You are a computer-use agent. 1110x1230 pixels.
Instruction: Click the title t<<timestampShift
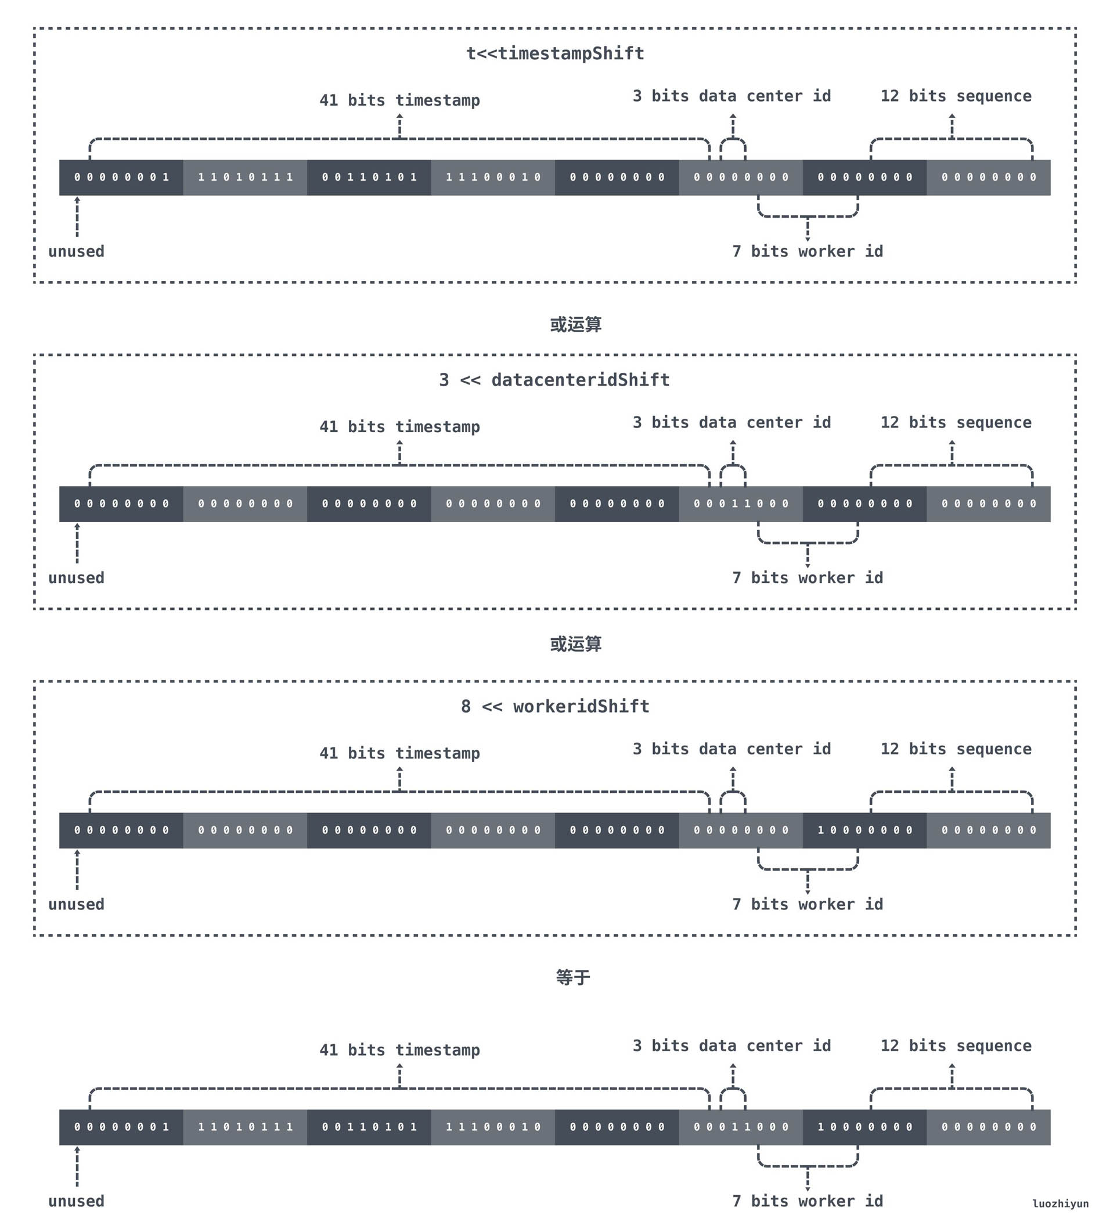point(555,53)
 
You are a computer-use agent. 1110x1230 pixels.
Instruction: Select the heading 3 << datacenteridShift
point(554,380)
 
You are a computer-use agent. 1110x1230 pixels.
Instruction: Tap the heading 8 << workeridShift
point(555,707)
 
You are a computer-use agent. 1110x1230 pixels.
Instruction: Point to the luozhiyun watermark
point(1060,1204)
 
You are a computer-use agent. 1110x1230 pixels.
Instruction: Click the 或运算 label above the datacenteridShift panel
point(575,325)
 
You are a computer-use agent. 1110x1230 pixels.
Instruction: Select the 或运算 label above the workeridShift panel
point(575,644)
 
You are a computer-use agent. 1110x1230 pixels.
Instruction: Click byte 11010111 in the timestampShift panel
point(245,178)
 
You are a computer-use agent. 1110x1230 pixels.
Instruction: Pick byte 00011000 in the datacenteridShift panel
point(740,504)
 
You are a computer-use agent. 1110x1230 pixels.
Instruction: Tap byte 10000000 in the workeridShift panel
point(864,830)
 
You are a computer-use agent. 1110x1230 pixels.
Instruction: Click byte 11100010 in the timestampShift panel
point(493,178)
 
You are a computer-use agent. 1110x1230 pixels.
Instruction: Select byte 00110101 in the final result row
point(369,1128)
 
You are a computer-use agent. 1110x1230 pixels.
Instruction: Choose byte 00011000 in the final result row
point(740,1128)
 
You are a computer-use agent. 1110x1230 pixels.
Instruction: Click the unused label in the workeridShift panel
point(76,905)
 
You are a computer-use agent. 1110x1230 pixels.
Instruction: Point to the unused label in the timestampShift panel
point(76,252)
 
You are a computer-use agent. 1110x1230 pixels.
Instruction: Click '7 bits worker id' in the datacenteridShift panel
point(808,578)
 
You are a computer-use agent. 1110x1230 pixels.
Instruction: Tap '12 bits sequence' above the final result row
point(956,1046)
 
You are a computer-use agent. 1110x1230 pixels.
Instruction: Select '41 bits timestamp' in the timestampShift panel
point(399,100)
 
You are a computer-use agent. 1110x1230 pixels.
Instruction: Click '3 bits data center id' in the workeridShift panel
point(731,749)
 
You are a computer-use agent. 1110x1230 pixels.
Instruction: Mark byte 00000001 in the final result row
point(121,1128)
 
